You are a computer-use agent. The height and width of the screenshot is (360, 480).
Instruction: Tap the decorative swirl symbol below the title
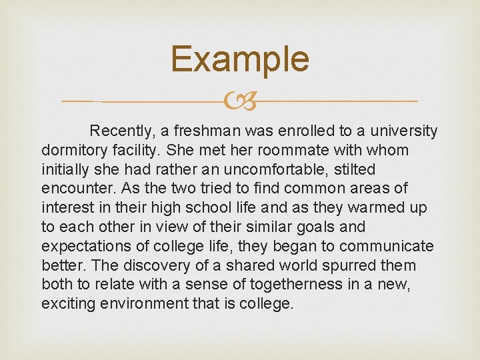(x=240, y=102)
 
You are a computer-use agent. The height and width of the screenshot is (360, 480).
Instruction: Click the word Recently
(x=119, y=131)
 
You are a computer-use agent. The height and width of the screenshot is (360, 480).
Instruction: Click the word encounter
(x=72, y=189)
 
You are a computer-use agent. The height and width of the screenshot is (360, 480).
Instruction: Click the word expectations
(x=83, y=247)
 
